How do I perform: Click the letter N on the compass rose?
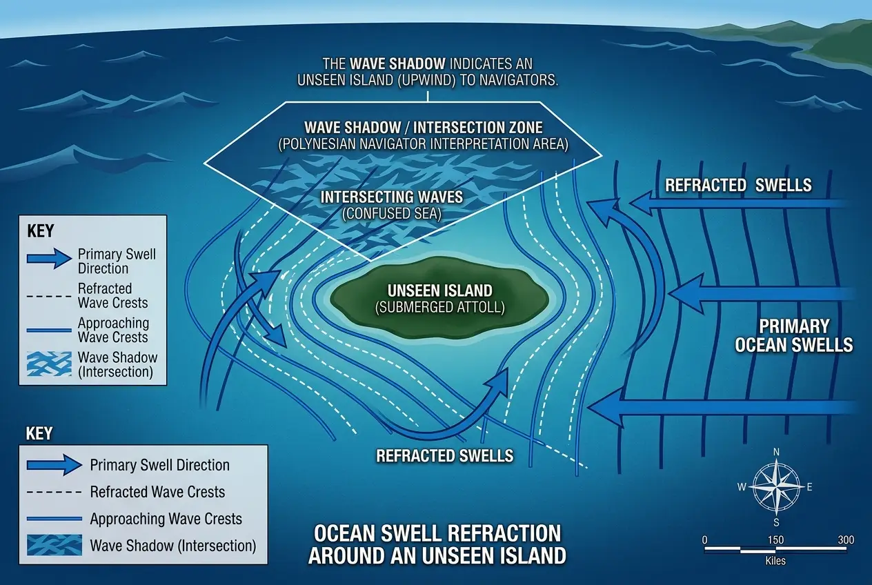tap(776, 452)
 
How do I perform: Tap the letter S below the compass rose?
tap(776, 522)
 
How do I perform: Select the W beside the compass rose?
tap(742, 487)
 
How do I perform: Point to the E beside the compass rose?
tap(809, 487)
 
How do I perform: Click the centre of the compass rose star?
tap(776, 487)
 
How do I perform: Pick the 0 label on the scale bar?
tap(704, 539)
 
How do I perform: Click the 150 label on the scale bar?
tap(775, 539)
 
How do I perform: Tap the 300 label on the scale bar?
tap(846, 539)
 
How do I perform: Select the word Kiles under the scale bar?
tap(775, 561)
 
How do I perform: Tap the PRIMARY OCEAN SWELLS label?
tap(793, 335)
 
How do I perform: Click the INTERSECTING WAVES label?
tap(392, 197)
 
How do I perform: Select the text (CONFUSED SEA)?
tap(392, 214)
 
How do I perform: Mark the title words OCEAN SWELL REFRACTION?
tap(437, 534)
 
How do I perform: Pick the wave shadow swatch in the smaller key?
tap(52, 364)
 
